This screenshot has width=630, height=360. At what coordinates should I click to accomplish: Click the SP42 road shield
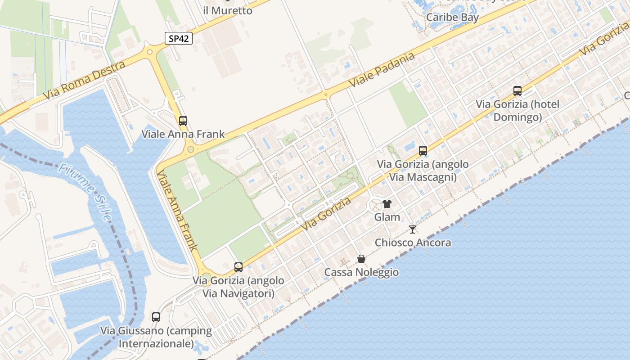[x=179, y=39]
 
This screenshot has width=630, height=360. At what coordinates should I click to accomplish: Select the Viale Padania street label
[x=381, y=71]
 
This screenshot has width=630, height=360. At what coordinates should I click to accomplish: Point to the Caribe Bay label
[x=452, y=18]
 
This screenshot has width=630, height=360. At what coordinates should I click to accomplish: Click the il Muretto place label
[x=228, y=10]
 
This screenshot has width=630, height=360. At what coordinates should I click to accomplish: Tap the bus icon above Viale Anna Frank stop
[x=183, y=121]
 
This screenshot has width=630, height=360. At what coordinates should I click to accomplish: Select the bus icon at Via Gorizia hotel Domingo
[x=517, y=91]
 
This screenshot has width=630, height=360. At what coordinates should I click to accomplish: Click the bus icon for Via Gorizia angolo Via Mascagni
[x=423, y=151]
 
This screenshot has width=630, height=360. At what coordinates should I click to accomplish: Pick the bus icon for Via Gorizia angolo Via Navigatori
[x=238, y=267]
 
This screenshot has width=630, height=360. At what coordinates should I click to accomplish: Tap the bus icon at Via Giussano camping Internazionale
[x=156, y=317]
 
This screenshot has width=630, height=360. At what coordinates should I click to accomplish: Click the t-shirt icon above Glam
[x=387, y=204]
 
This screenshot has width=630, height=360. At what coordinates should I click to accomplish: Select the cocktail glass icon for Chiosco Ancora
[x=413, y=229]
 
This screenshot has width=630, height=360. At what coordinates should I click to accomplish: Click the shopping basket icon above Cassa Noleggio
[x=361, y=259]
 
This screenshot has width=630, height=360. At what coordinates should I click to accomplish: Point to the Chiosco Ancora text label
[x=413, y=243]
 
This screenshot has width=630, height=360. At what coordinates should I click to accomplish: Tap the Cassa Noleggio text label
[x=361, y=272]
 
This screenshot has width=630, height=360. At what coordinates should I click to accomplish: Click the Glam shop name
[x=387, y=217]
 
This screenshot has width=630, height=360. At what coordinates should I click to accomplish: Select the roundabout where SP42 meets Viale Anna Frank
[x=150, y=52]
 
